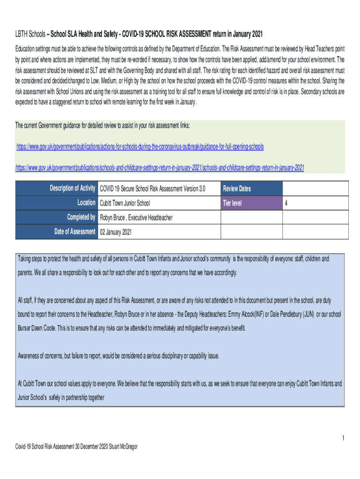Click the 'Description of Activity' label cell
72,189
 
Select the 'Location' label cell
86,203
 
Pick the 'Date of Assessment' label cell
75,232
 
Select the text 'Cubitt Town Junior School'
125,203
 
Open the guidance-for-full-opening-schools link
140,147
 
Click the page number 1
343,438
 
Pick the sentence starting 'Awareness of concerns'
118,356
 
